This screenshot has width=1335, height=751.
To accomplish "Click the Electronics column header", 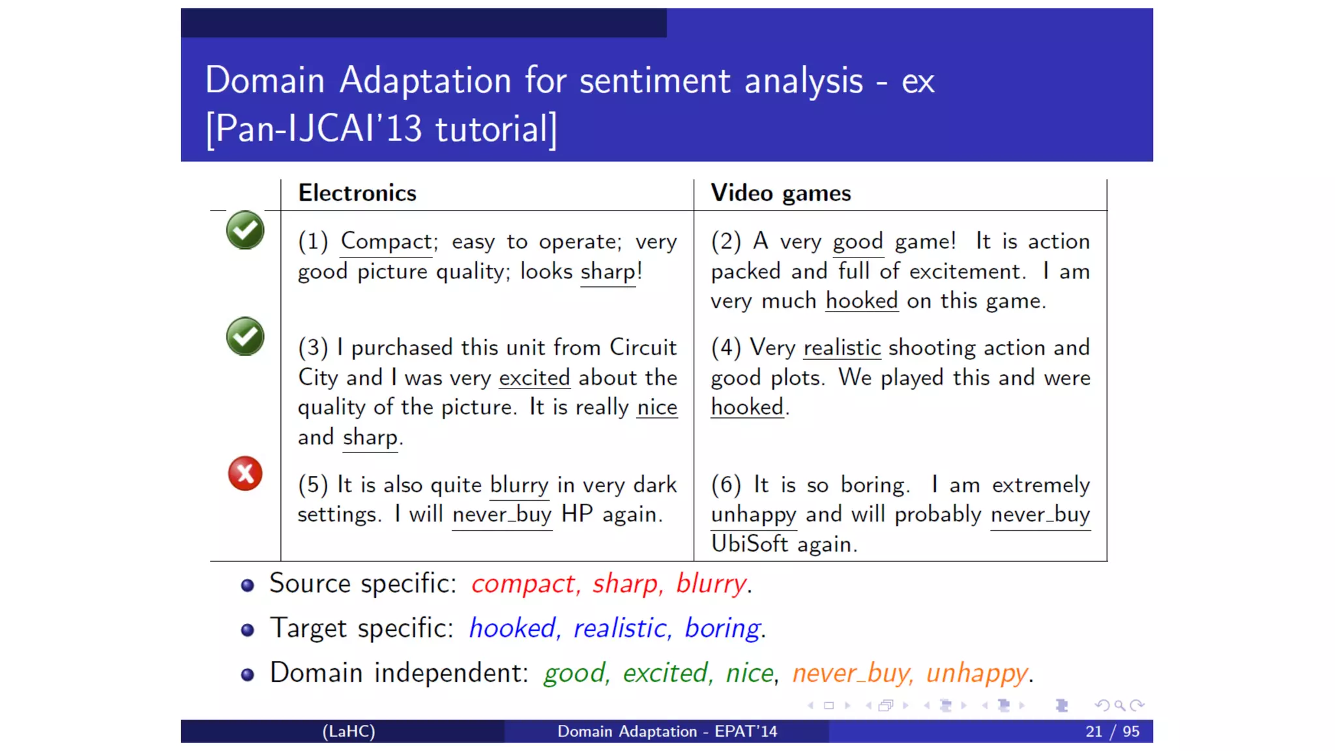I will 357,193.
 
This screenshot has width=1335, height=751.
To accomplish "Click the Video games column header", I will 780,193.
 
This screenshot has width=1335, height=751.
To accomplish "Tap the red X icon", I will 245,473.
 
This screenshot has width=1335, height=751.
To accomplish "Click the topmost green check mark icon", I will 245,230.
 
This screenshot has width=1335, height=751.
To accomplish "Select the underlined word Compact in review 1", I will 387,241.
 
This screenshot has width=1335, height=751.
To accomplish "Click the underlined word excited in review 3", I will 534,377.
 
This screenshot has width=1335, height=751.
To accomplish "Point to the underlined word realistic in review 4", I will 842,347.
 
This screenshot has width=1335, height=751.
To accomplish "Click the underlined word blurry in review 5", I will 519,485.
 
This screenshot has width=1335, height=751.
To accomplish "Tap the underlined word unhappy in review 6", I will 753,514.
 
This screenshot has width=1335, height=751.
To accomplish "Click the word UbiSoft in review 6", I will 749,544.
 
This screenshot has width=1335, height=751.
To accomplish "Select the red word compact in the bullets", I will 523,583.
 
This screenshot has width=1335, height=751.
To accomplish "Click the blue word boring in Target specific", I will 722,628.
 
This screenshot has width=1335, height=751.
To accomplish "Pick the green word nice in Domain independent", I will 750,673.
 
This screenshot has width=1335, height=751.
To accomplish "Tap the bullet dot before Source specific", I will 247,585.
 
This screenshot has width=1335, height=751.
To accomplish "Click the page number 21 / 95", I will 1112,731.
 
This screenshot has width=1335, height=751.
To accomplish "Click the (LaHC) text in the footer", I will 349,731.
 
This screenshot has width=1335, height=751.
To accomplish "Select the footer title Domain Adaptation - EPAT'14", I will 667,731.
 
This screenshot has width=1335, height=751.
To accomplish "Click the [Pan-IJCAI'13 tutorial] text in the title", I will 381,128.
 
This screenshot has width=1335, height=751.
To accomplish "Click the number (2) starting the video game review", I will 726,242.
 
